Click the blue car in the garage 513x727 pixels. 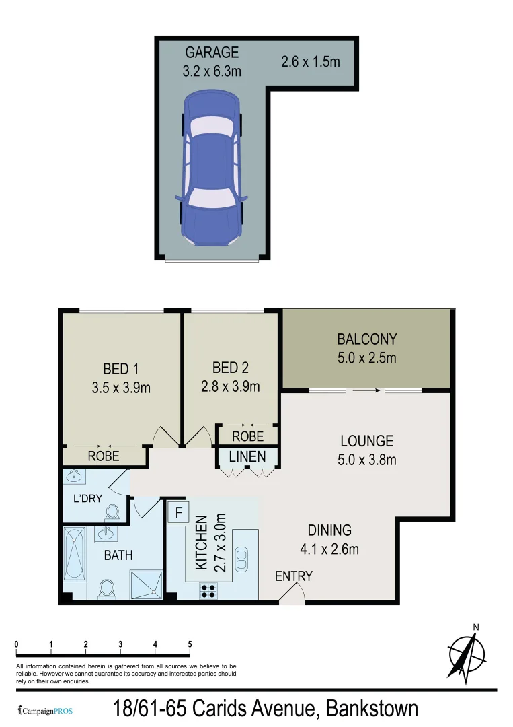(x=212, y=168)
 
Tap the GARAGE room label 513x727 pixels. (x=212, y=52)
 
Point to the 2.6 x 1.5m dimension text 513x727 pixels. (x=310, y=62)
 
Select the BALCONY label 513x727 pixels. (x=367, y=339)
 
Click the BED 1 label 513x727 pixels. (x=120, y=369)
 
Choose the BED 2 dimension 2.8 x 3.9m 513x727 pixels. (x=230, y=386)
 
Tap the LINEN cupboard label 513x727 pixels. (x=247, y=457)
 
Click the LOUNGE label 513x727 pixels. (x=366, y=442)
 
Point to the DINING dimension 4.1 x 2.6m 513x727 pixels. (x=329, y=549)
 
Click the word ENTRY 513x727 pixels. (x=294, y=576)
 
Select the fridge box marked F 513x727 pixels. (x=178, y=513)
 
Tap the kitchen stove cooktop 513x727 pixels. (x=208, y=590)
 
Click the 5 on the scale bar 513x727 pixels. (x=190, y=644)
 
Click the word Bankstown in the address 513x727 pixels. (x=371, y=709)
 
